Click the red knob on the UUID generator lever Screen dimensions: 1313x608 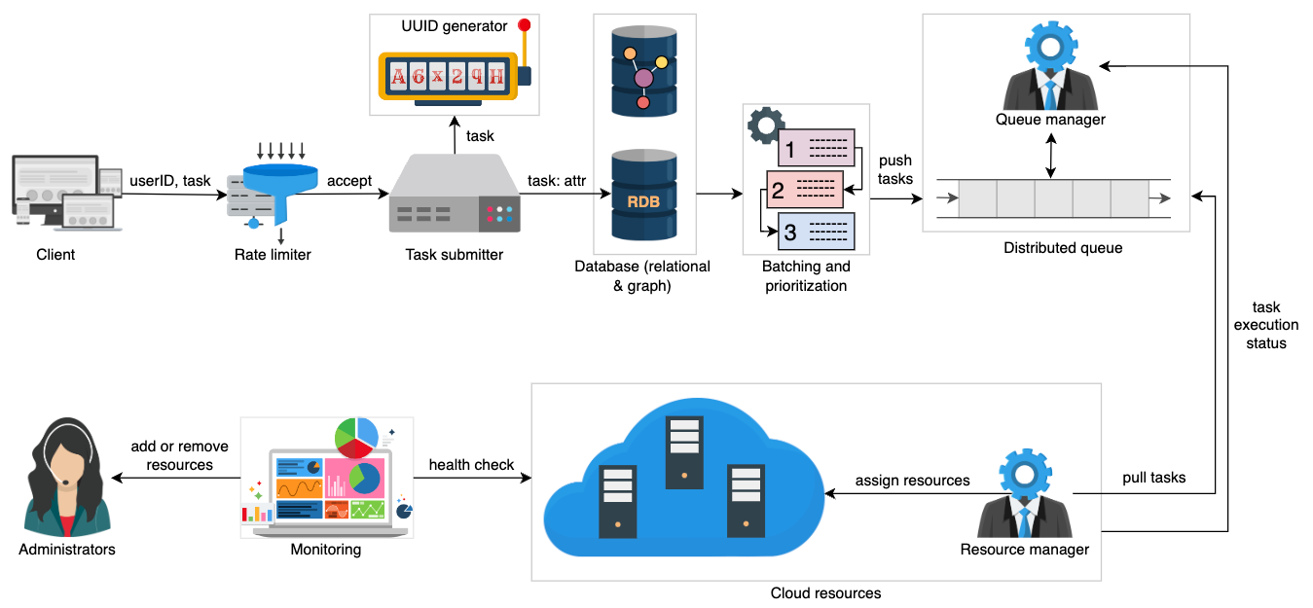tap(524, 24)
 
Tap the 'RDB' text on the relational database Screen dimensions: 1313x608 tap(643, 201)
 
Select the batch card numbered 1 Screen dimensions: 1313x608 tap(816, 148)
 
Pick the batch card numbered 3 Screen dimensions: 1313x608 tap(816, 232)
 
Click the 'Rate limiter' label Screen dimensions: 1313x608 tap(273, 255)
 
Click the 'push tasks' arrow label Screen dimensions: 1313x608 tap(895, 169)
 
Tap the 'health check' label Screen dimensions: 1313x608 tap(471, 464)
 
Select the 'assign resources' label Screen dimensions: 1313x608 tap(912, 481)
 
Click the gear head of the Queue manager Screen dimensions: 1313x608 tap(1050, 47)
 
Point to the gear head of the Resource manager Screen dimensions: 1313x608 tap(1025, 474)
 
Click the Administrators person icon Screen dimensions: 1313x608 tap(67, 477)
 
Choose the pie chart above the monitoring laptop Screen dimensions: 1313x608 tap(356, 437)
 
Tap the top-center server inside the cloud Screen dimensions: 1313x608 tap(684, 452)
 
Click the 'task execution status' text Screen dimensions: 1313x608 tap(1266, 325)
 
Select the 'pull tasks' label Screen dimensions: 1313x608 tap(1153, 478)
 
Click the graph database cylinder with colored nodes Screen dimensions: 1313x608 tap(643, 71)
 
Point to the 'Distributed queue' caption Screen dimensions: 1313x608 tap(1063, 248)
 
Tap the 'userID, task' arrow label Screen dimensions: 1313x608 tap(170, 180)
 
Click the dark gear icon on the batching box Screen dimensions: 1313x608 tap(766, 125)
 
